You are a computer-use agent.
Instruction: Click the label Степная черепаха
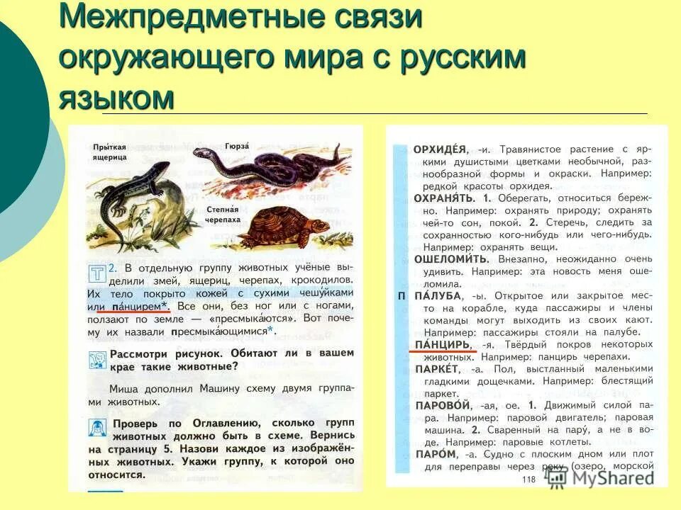pos(224,215)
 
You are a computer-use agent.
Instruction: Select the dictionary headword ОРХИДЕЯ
pos(440,149)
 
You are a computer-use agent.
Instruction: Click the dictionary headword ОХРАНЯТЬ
pos(444,198)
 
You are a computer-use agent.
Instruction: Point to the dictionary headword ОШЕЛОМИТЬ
pos(449,259)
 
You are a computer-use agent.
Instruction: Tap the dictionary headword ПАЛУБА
pos(437,295)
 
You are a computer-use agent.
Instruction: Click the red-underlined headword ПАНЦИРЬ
pos(442,344)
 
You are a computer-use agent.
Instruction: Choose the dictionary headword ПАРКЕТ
pos(438,369)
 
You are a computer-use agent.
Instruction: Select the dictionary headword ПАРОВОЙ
pos(443,406)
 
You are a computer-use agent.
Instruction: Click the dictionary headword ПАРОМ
pos(435,454)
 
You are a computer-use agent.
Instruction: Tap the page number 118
pos(528,480)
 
